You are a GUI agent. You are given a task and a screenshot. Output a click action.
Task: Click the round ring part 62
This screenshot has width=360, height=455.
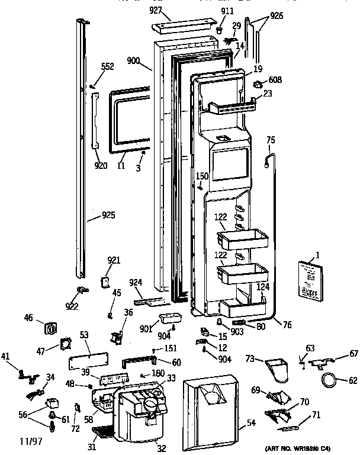pyautogui.click(x=328, y=380)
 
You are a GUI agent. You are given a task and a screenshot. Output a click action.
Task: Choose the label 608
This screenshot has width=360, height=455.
pyautogui.click(x=275, y=79)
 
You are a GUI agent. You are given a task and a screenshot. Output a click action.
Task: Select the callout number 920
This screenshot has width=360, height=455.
pyautogui.click(x=101, y=165)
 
